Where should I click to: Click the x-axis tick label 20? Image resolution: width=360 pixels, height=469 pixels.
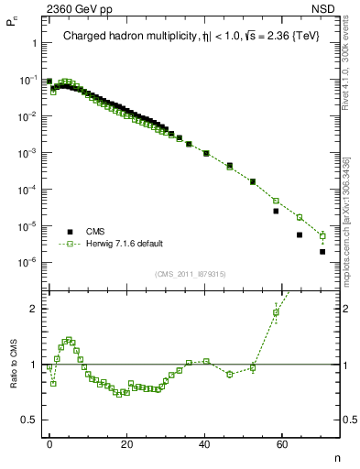(126, 442)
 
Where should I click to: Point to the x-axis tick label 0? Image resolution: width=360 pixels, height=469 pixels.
(49, 442)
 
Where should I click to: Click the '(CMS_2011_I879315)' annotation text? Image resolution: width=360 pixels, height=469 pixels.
(191, 274)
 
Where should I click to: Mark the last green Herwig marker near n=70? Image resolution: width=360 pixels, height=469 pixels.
(322, 235)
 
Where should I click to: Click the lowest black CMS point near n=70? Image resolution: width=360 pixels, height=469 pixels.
(322, 251)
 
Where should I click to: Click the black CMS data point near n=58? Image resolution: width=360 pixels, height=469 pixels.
(276, 211)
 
